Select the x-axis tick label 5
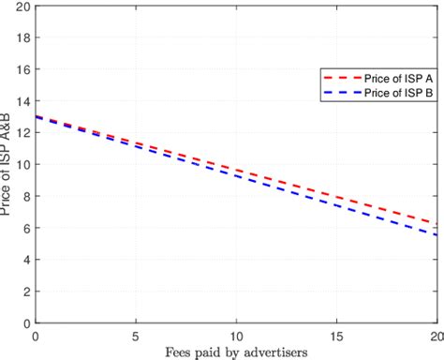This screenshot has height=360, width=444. pos(136,335)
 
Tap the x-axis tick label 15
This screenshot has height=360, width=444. pos(336,335)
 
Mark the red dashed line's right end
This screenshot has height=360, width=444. pos(436,223)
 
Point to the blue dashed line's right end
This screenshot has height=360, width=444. pos(436,234)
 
